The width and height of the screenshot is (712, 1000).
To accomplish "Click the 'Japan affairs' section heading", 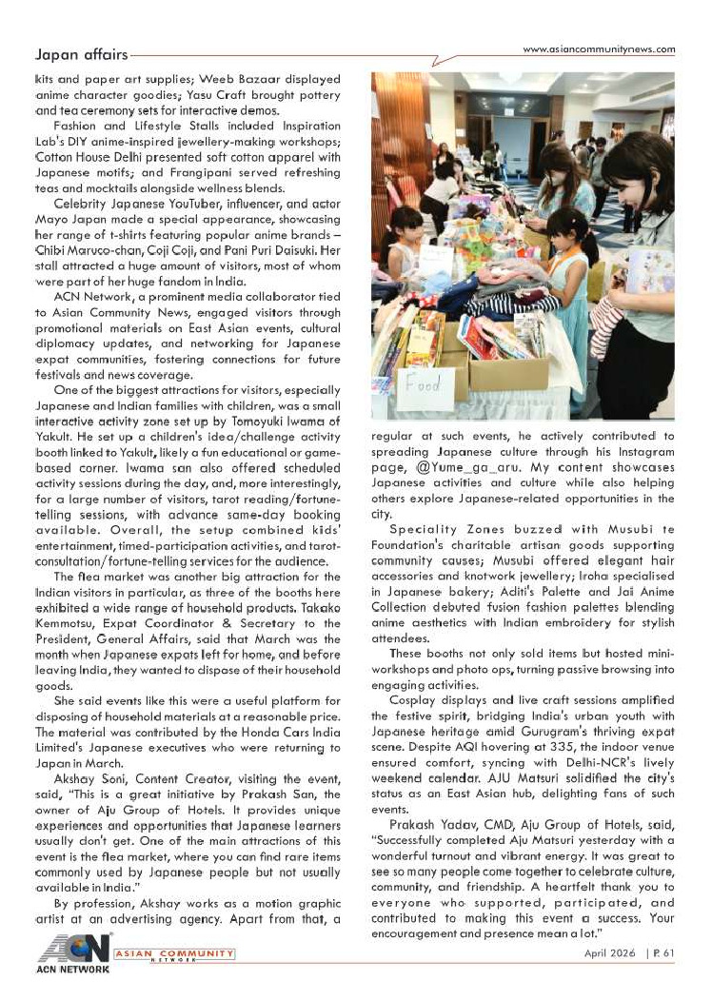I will pos(80,55).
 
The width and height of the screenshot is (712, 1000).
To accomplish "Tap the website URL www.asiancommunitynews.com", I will pos(599,49).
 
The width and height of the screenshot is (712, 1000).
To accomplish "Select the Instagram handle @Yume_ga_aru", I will pos(479,469).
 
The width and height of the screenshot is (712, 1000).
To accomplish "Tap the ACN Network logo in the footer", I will pos(72,952).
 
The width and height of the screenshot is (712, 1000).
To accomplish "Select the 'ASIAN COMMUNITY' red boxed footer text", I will pos(173,953).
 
